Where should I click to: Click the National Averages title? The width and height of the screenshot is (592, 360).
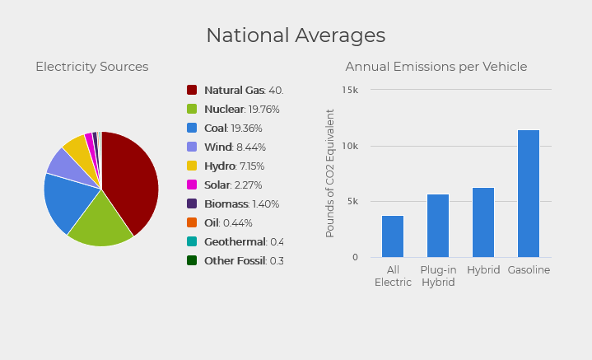coord(296,35)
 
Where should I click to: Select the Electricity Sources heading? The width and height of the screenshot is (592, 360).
coord(91,67)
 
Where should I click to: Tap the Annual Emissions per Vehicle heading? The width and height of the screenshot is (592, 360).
coord(436,67)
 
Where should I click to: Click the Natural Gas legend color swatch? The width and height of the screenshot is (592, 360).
coord(192,90)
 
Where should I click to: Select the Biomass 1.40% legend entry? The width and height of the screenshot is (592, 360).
coord(241,203)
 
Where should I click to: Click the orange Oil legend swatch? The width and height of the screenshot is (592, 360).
coord(192,222)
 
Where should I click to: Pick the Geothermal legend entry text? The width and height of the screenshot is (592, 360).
coord(243,241)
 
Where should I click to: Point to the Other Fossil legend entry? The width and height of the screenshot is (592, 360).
coord(243,260)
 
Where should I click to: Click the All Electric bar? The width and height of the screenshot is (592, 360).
coord(393,236)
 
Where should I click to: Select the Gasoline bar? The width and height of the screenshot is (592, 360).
coord(529,194)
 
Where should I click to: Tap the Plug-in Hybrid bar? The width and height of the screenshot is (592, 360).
coord(438,226)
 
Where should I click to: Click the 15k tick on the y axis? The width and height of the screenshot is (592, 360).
coord(350,90)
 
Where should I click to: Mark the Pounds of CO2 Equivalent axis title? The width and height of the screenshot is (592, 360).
coord(330,173)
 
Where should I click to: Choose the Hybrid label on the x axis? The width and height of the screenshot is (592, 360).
coord(483,270)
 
